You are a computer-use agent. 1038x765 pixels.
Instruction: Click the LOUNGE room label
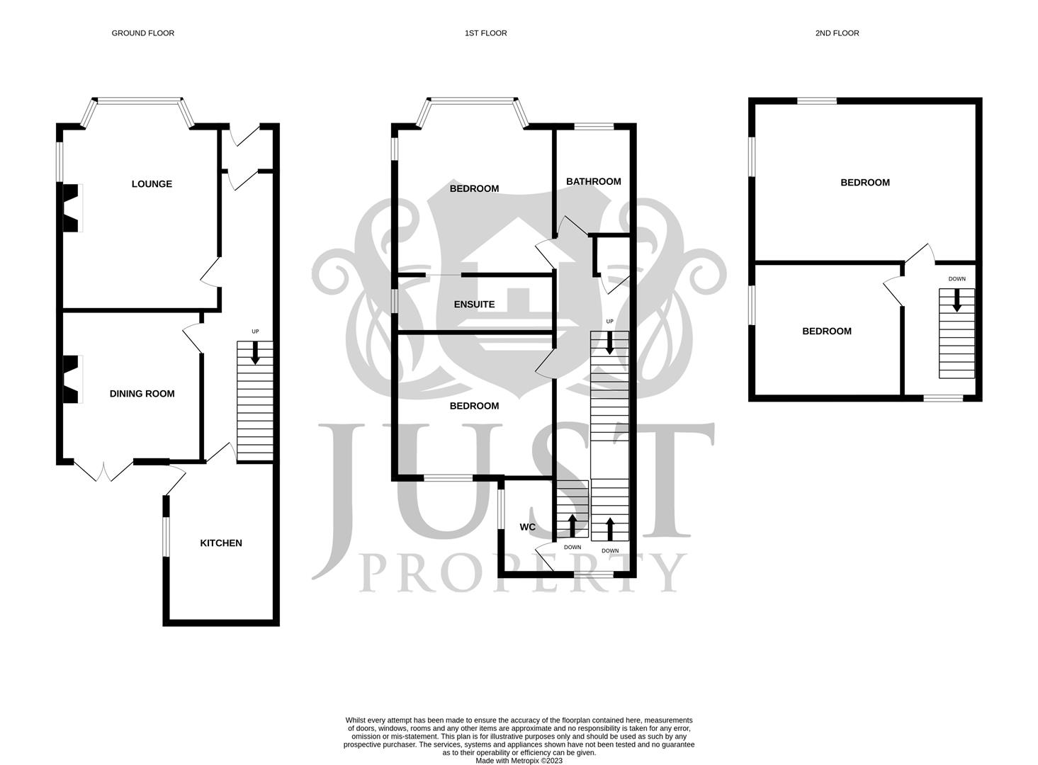point(152,184)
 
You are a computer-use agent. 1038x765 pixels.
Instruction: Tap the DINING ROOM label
point(142,394)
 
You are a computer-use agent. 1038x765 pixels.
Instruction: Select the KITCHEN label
point(221,543)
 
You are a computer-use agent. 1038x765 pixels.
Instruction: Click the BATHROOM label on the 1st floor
point(593,181)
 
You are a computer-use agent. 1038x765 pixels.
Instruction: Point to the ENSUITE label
point(474,305)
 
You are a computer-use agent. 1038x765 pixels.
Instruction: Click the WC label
point(527,527)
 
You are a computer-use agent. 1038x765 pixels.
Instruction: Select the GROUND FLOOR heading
point(142,33)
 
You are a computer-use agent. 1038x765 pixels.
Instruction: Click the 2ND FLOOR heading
point(837,33)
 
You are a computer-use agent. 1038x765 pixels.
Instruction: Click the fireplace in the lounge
point(72,208)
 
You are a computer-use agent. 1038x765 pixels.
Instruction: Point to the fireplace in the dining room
point(72,379)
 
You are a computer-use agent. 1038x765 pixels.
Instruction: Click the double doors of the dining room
point(103,471)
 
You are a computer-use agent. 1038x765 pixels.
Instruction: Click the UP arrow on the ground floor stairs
point(255,353)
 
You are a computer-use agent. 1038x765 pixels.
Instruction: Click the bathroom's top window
point(594,127)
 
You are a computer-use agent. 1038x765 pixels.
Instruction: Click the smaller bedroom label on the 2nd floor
point(826,331)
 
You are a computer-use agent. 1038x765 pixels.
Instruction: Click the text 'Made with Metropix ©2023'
point(519,761)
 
